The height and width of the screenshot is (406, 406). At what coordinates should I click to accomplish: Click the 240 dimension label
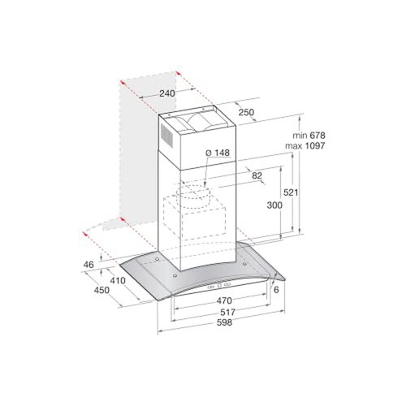click(168, 94)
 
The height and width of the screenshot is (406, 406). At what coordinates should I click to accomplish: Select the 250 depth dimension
click(247, 112)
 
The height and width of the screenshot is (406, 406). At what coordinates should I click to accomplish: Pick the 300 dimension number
click(274, 206)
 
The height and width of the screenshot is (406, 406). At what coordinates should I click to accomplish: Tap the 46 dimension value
click(89, 265)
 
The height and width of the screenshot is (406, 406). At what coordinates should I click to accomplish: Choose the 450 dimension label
click(101, 291)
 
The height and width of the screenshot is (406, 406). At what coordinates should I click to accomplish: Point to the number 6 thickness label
click(276, 290)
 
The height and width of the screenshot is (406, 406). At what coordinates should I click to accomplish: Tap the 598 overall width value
click(214, 322)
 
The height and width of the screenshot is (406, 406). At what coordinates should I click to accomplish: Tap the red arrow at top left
click(122, 84)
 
